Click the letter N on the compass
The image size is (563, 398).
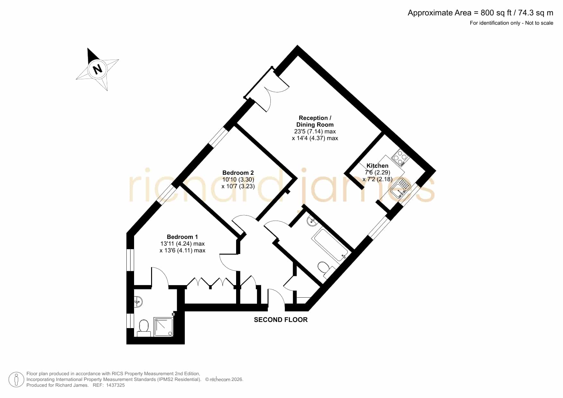[97, 69]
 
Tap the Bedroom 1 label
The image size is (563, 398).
[182, 237]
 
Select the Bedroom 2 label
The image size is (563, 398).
[238, 173]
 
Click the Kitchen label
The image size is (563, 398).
[377, 166]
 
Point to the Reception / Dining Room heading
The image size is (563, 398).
[315, 121]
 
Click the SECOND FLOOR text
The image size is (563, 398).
[281, 320]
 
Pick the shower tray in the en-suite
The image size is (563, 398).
[164, 327]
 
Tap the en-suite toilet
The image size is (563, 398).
[144, 328]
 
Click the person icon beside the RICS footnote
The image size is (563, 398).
[16, 379]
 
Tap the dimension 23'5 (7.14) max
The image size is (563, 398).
[315, 131]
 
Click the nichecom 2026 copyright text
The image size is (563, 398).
[224, 379]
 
